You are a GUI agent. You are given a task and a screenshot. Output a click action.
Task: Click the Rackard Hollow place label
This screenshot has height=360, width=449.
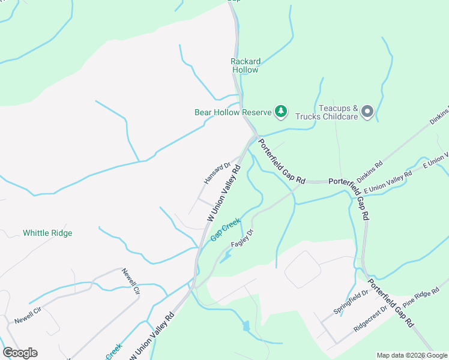246,65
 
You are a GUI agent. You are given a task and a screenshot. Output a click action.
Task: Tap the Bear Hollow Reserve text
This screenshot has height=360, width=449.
233,112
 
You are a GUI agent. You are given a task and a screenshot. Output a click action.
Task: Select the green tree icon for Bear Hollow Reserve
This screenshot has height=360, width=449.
280,111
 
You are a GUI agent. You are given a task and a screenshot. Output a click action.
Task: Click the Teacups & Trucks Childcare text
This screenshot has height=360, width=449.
338,112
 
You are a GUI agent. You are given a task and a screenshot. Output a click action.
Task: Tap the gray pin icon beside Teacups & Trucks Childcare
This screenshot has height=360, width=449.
368,111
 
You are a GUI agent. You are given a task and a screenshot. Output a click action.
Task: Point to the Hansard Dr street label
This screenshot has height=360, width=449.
217,173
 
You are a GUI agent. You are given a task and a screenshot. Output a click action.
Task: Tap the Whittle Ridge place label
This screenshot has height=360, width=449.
47,233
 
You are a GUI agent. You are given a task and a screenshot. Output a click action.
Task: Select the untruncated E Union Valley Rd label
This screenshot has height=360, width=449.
392,183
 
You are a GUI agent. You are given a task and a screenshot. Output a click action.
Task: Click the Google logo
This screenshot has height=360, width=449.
20,353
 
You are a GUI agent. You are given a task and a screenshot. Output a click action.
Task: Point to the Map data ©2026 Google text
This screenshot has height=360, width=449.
412,355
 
